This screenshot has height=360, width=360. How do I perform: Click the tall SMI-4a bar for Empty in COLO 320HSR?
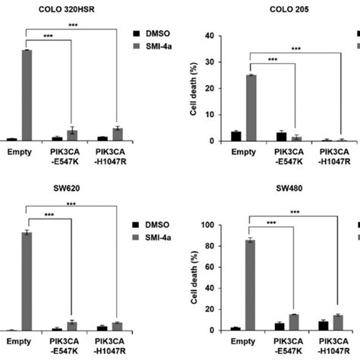(x=27, y=96)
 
